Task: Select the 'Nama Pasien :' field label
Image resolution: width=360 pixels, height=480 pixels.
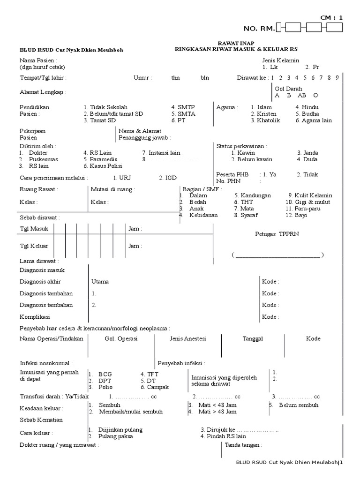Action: coord(38,60)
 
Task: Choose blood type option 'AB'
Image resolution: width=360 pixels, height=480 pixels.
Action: coord(302,95)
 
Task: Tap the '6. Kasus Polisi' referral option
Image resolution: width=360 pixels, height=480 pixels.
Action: coord(103,166)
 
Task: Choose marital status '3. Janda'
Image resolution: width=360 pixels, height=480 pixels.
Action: coord(307,153)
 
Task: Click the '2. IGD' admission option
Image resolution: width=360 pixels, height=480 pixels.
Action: coord(167,178)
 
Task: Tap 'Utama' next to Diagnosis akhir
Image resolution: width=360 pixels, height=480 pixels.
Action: coord(100,282)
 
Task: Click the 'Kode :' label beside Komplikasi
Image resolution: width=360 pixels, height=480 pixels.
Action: coord(270,317)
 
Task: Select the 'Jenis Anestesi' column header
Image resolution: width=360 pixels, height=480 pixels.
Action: coord(187,338)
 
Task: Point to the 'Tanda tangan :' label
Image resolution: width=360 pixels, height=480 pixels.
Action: coord(243,445)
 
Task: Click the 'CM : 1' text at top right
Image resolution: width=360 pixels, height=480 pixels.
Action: coord(331,17)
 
